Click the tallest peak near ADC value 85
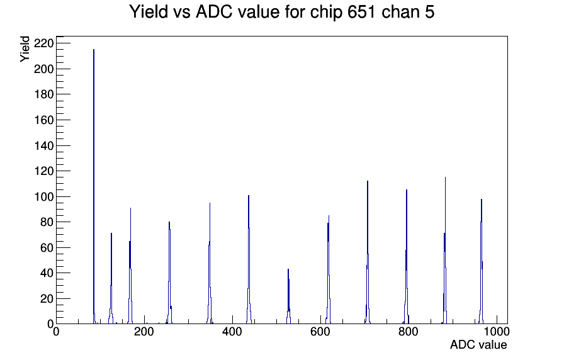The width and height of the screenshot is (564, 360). pos(94,186)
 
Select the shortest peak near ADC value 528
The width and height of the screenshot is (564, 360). pos(288,296)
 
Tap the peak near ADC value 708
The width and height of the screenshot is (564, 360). pos(367,252)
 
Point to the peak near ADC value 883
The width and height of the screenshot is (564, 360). pos(445,250)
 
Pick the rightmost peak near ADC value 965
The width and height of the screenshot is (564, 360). pos(482,261)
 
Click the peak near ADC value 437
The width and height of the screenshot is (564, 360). pos(249,259)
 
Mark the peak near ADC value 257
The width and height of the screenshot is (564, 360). pos(169,273)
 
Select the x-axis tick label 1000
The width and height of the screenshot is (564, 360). pos(497,331)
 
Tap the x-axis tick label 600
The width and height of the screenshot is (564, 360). pos(320,331)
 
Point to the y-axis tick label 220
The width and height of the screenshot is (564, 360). pos(44,43)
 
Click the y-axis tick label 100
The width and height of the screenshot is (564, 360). pos(44,197)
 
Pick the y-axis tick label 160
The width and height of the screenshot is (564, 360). pos(44,120)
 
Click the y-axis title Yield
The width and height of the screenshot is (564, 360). pos(25,49)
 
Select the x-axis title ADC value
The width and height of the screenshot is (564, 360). pos(478,344)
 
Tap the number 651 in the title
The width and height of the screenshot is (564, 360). pos(361,11)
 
